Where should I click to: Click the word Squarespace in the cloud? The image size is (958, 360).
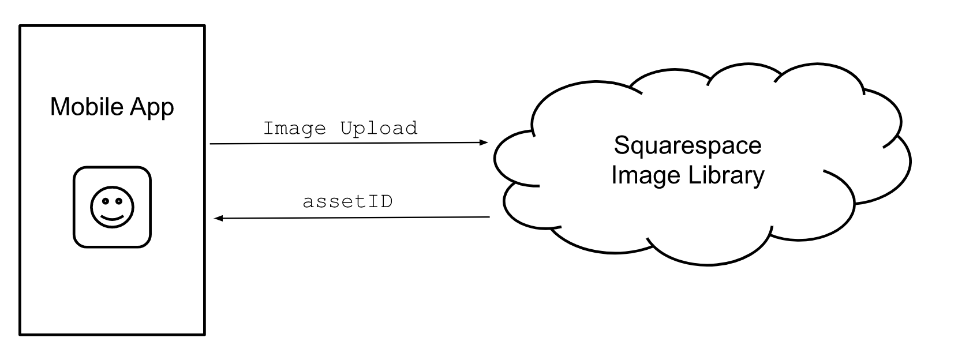[x=687, y=145]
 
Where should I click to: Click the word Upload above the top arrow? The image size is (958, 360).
[x=379, y=128]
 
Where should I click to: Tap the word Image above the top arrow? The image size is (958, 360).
[x=294, y=128]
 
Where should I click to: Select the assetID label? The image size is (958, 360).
[x=347, y=201]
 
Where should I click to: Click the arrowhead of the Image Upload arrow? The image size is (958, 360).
[x=484, y=142]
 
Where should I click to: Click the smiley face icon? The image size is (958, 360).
[x=112, y=207]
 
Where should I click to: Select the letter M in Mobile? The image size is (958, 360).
[x=58, y=107]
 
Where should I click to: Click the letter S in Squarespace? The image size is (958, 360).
[x=621, y=145]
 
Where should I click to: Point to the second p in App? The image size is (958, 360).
[x=167, y=109]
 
